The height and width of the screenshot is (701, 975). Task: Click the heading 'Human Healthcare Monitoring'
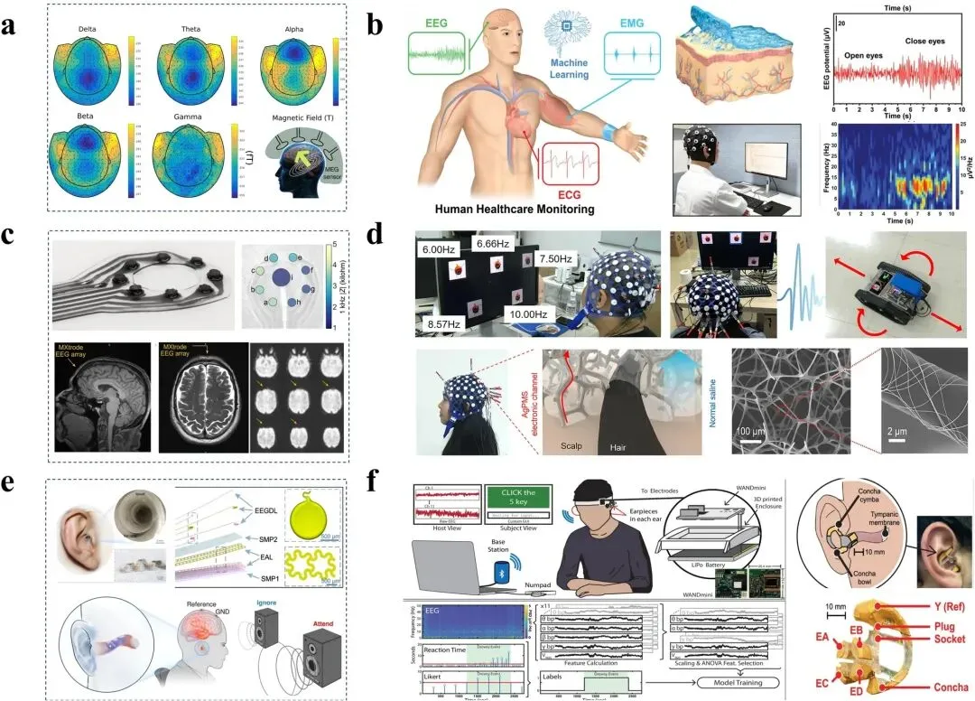(515, 209)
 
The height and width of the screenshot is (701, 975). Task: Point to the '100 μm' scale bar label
(753, 430)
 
